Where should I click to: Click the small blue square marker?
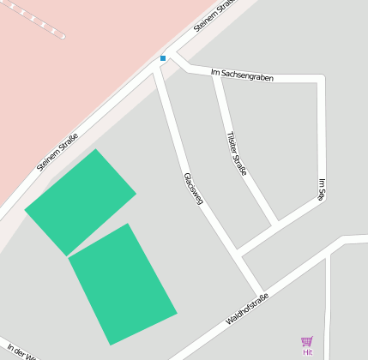[163, 58]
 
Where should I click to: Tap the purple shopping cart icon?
[307, 342]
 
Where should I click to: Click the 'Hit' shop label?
[307, 352]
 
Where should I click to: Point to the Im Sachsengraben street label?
[247, 76]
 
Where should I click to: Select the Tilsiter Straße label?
[237, 153]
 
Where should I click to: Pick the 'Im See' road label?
[322, 189]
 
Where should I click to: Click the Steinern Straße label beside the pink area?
[57, 151]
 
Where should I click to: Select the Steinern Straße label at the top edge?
[214, 15]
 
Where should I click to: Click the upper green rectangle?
[81, 202]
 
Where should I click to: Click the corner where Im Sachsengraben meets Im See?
[322, 80]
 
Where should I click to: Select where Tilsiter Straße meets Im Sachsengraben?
[215, 75]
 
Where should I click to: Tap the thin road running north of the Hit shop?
[328, 291]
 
